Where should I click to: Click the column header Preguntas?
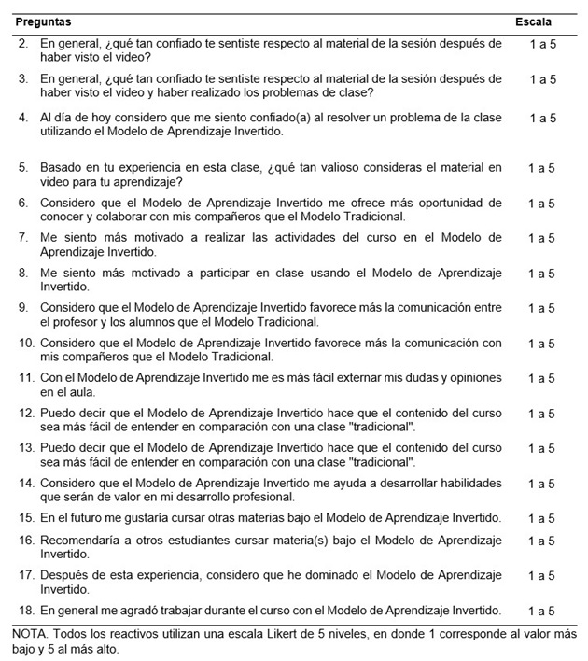43,21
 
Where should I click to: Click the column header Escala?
533,21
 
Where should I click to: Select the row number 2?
22,44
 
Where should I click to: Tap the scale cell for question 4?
542,119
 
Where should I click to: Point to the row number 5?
22,168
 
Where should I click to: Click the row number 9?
22,308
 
